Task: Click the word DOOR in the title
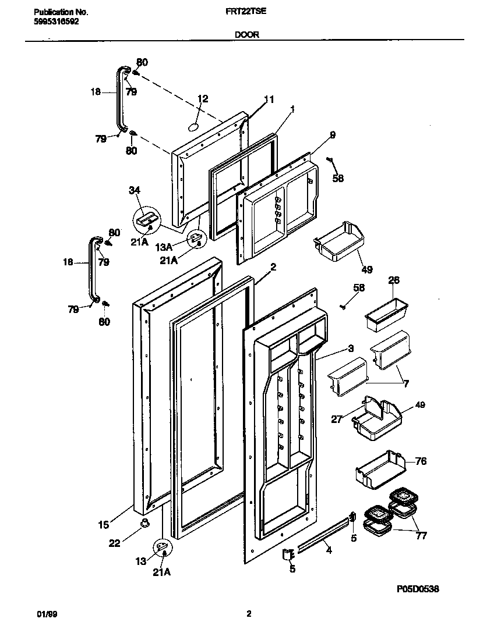coord(246,34)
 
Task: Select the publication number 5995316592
coord(53,22)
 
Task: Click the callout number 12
coord(202,99)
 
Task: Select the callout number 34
coord(135,189)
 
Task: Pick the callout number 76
coord(421,461)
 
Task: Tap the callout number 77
coord(421,535)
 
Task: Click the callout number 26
coord(394,280)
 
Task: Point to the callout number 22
coord(115,543)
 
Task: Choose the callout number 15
coord(103,525)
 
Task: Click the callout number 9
coord(332,135)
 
